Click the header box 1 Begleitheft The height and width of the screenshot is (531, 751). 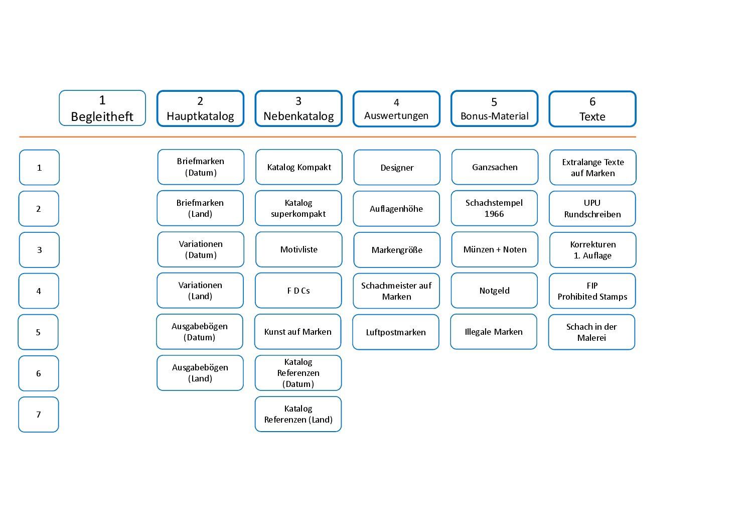point(102,108)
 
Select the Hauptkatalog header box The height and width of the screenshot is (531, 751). point(200,108)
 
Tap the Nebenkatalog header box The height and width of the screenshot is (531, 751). point(298,108)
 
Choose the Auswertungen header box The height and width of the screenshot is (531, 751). point(396,109)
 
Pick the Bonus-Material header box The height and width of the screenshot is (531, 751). point(495,108)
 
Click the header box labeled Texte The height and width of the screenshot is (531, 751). point(592,109)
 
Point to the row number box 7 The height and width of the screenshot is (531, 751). point(39,414)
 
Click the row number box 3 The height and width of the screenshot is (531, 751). point(39,249)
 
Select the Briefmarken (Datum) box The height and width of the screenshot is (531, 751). point(201,167)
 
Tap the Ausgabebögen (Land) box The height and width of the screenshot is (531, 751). point(200,373)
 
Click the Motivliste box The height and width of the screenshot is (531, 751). point(298,249)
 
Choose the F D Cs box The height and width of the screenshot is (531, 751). point(298,290)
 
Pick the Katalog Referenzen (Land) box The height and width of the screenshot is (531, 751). point(298,414)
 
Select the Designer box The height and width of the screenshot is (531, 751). point(397,167)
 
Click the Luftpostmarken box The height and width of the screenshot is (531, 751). point(396,332)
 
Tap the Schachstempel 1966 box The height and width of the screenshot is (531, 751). point(494,208)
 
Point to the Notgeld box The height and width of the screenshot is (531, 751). point(494,290)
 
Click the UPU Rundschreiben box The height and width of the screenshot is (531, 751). point(592,208)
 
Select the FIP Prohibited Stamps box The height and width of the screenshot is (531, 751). point(592,291)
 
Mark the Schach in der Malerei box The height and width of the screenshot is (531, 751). point(591,332)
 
